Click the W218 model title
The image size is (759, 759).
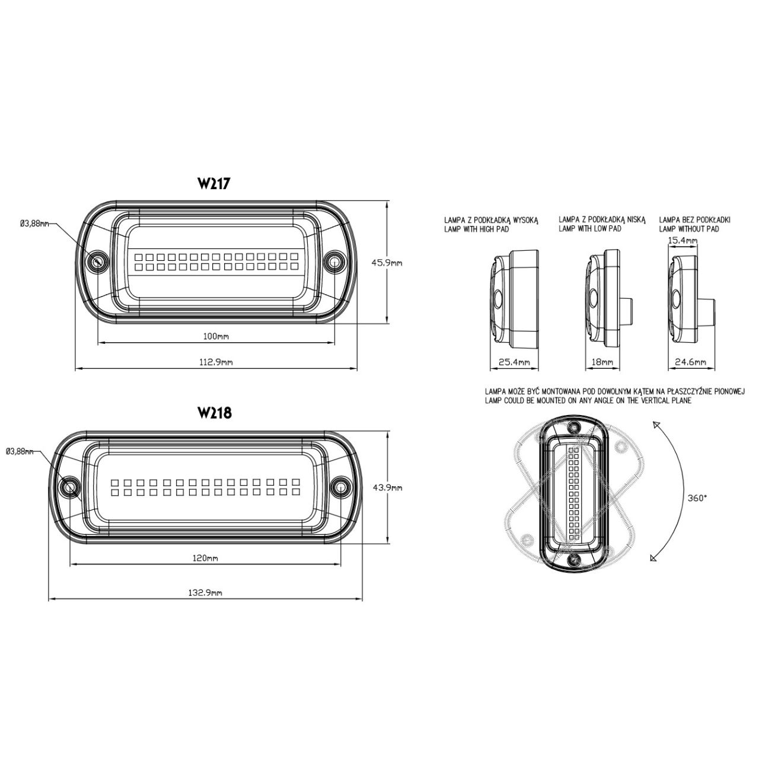[x=214, y=413]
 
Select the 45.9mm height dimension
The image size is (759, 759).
[x=387, y=262]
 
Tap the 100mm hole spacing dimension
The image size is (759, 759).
[x=216, y=336]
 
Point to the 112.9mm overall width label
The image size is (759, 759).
[x=216, y=362]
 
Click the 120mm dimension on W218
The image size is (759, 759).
[x=205, y=558]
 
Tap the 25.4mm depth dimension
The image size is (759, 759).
[x=515, y=362]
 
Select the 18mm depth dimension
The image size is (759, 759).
[x=602, y=362]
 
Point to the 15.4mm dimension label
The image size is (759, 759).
[x=683, y=240]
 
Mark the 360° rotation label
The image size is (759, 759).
[x=697, y=498]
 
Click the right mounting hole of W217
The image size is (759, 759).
[x=334, y=261]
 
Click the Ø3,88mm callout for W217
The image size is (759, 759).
[x=34, y=224]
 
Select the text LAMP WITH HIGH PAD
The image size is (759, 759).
[x=477, y=229]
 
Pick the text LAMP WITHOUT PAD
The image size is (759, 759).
[x=689, y=229]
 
